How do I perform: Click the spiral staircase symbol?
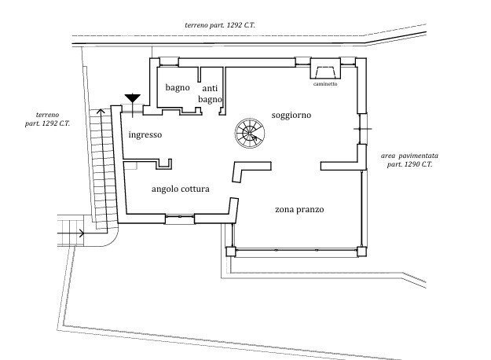pos(250,134)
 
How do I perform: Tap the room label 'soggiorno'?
pos(291,115)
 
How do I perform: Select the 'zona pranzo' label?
pos(299,210)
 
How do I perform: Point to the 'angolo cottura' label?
pos(180,189)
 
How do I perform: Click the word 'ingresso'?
pos(145,134)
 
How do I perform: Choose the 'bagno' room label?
pos(177,87)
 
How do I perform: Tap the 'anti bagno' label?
pos(211,94)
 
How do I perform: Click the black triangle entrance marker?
pos(132,98)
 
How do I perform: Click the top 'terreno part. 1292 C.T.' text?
pos(220,25)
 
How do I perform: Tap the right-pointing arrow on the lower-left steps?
pos(81,232)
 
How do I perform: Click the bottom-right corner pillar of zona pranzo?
pos(361,252)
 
